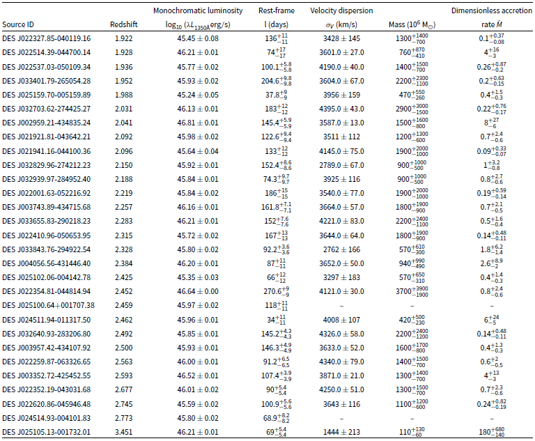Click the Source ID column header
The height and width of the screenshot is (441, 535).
point(18,24)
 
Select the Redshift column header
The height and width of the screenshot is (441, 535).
point(123,24)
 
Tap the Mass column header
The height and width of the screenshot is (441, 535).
point(412,24)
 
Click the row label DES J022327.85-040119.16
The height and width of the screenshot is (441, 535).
point(47,38)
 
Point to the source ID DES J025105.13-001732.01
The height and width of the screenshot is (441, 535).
point(47,432)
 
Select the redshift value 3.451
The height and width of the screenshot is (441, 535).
point(123,432)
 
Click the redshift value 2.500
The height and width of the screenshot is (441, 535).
point(123,348)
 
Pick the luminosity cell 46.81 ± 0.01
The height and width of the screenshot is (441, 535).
point(198,123)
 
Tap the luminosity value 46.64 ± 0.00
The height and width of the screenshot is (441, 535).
point(198,291)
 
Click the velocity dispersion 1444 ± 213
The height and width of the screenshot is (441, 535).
point(341,432)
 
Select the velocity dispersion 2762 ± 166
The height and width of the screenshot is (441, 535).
point(341,249)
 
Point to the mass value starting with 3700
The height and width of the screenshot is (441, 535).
point(412,291)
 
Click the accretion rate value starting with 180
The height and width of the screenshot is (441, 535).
point(491,432)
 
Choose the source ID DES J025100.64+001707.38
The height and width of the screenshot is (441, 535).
point(49,305)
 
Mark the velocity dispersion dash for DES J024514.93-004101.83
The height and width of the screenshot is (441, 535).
point(341,418)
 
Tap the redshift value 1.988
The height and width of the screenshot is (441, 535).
point(123,95)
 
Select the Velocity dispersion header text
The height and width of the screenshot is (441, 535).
point(341,10)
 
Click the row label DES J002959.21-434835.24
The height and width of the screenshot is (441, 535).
point(47,123)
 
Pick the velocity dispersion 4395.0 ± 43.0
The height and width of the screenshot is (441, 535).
point(341,109)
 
